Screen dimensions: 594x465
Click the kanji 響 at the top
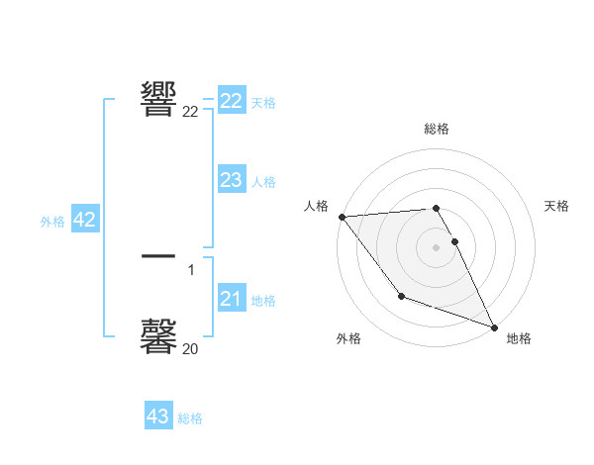(159, 98)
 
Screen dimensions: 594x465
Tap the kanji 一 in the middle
(159, 257)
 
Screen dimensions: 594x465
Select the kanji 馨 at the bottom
(159, 336)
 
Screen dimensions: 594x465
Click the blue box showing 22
(232, 101)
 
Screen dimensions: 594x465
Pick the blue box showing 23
(232, 180)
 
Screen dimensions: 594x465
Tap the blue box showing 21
(232, 299)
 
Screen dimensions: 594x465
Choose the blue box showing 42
(84, 220)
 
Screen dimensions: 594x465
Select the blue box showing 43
(158, 417)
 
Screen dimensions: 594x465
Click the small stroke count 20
(190, 348)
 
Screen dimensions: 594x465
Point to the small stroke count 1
(191, 269)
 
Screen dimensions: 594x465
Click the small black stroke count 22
(190, 112)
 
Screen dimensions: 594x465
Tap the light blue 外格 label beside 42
(52, 222)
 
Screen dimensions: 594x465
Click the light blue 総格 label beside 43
(190, 418)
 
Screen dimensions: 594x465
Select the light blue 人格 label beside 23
(263, 182)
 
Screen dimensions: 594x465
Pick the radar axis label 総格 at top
(436, 129)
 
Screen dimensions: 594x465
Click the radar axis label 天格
(557, 206)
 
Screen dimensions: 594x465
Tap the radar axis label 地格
(519, 338)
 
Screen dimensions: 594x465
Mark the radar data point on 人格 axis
(342, 217)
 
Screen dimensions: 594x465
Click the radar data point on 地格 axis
(493, 325)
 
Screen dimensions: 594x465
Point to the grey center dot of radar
(436, 246)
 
